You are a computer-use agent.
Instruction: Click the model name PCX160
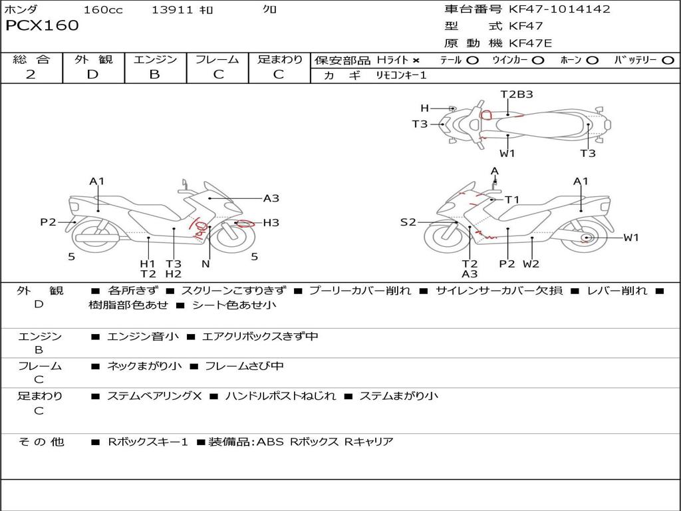tap(42, 26)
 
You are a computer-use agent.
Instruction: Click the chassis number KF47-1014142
tap(559, 9)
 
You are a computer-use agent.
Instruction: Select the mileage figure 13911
tap(172, 10)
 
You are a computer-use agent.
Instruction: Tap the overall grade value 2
tap(31, 75)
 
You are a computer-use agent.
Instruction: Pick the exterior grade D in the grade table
tap(92, 75)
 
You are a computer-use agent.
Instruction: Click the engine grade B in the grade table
tap(154, 75)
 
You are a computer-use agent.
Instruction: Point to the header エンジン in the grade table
tap(155, 60)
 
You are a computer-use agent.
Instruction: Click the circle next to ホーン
tap(593, 61)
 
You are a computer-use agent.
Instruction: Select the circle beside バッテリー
tap(667, 61)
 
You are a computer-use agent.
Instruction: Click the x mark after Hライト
tap(416, 61)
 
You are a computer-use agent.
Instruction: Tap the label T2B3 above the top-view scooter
tap(517, 94)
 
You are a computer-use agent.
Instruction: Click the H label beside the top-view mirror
tap(424, 108)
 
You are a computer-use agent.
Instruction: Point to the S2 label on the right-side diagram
tap(408, 222)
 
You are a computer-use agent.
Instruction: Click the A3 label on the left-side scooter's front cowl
tap(271, 198)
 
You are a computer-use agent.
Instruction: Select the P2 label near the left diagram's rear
tap(48, 222)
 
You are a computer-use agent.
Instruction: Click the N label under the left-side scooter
tap(205, 263)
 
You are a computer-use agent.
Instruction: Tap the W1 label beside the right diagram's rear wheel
tap(631, 238)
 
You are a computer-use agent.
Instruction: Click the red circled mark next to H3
tap(244, 224)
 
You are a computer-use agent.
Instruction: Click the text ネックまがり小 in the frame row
tap(145, 366)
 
